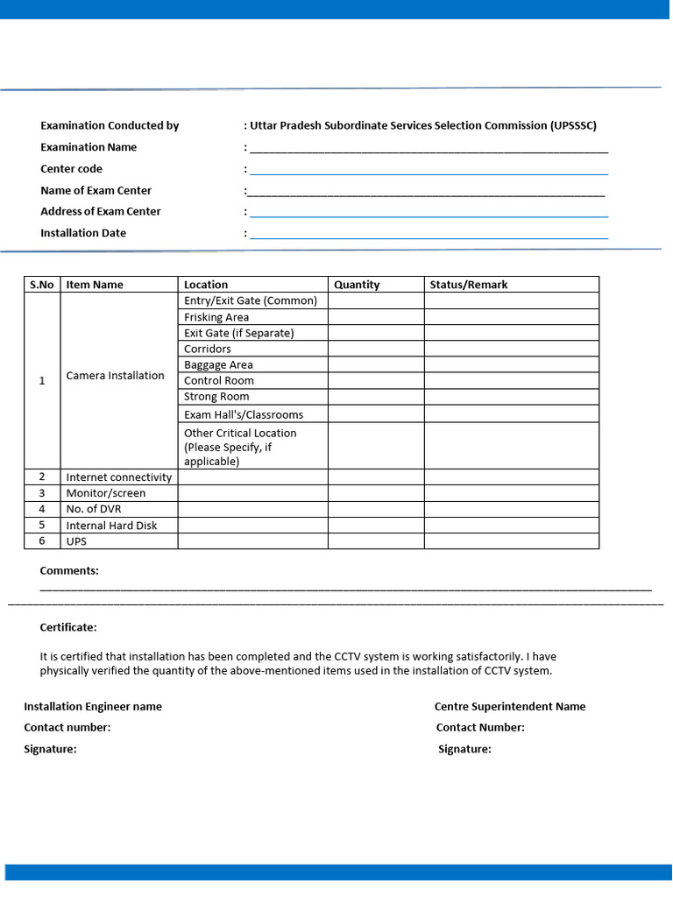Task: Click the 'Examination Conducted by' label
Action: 110,125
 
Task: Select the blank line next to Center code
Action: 429,170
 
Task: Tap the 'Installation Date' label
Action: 83,233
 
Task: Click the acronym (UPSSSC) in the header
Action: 573,125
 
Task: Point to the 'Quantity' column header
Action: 357,285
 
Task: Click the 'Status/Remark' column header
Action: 468,285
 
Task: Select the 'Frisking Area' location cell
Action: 216,317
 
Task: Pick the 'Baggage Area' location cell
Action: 218,364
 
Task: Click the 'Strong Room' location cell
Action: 216,396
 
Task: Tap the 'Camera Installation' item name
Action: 115,375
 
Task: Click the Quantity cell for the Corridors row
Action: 376,349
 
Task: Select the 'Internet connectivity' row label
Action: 118,477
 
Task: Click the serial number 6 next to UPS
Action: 41,540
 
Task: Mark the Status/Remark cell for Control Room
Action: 511,380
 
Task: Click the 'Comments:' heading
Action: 69,570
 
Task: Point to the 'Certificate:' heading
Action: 68,627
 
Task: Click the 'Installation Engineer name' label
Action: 93,706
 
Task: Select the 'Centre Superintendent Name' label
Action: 510,706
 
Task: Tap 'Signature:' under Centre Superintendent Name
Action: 464,749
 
